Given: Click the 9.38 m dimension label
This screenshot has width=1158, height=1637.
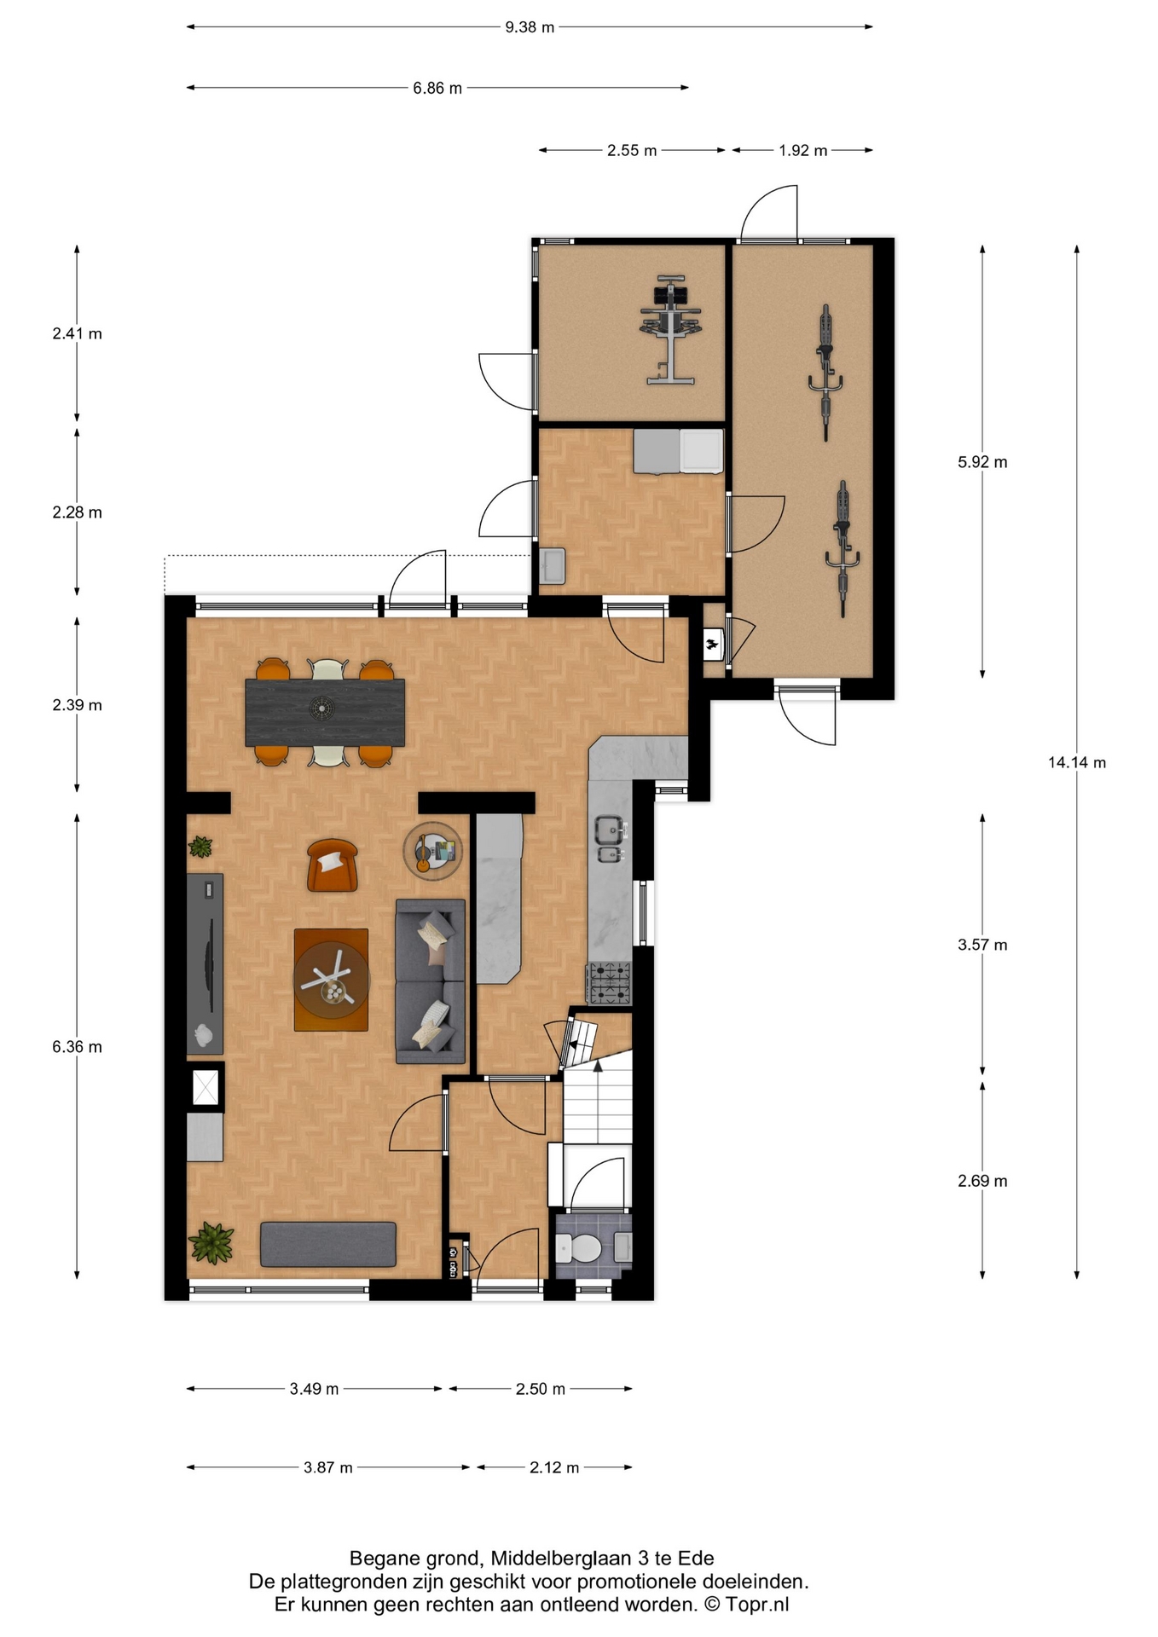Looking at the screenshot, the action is coord(530,27).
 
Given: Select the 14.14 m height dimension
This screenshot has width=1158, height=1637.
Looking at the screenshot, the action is coord(1077,762).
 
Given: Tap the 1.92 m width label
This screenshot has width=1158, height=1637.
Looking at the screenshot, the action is coord(802,151).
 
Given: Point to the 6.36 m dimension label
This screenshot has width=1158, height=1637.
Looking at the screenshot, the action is coord(77,1047).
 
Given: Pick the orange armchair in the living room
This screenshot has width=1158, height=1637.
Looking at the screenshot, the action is coord(333,865).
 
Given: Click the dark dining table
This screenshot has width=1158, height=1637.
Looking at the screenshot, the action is coord(325,712).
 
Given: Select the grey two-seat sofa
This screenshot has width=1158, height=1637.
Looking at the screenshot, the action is coord(431,981).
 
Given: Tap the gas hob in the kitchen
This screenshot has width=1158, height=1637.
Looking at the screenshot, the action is coord(609,982).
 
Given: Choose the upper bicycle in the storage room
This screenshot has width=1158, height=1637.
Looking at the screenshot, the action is coord(825,373).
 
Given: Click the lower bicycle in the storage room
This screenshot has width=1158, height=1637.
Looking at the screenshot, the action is coord(842,548).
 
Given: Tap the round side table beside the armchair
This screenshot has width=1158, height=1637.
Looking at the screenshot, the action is coord(434,850).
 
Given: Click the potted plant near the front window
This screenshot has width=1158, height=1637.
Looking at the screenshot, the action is coord(211,1242).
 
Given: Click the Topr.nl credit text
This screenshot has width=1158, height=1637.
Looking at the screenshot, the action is coord(757,1605).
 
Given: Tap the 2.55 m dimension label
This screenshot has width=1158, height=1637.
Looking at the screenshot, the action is coord(632,151).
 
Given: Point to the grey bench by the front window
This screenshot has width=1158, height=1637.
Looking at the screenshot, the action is coord(328,1244).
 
